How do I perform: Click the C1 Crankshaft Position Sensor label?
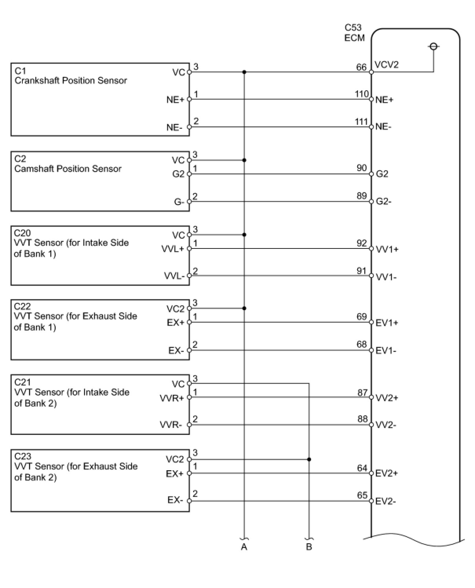coord(71,76)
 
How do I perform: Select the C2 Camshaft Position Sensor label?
coord(68,164)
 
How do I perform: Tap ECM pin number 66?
coord(361,67)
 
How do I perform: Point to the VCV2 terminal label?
coord(386,65)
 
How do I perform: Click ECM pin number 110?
coord(362,94)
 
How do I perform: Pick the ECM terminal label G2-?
coord(383,202)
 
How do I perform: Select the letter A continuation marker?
coord(244,547)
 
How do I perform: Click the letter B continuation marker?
coord(309,547)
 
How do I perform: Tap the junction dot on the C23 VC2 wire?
coord(309,459)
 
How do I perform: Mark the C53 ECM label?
coord(354,33)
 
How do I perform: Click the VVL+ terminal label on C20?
coord(173,249)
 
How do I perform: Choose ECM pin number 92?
coord(362,243)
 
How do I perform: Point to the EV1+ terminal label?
coord(387,323)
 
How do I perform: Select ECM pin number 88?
coord(362,419)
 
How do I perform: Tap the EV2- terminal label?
coord(385,501)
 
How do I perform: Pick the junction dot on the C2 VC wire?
coord(244,160)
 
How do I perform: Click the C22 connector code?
coord(22,307)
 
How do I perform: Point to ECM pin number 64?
coord(362,468)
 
